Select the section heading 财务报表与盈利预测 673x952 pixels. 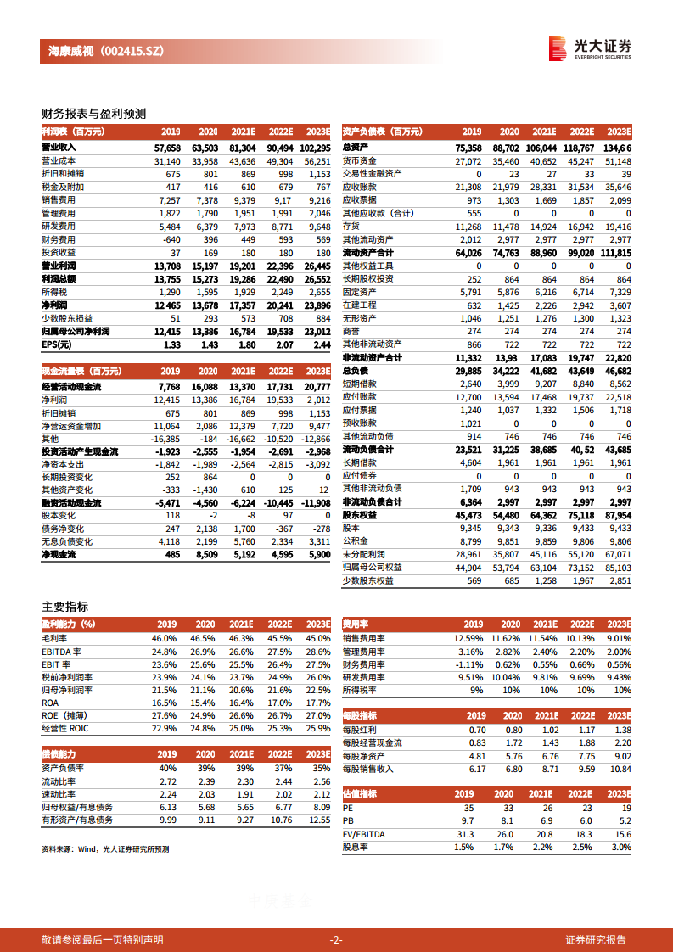coord(94,113)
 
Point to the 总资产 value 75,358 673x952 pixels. coord(468,147)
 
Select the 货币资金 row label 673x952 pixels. coord(359,160)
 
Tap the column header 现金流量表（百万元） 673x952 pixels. coord(81,371)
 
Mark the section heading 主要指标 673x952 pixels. coord(64,606)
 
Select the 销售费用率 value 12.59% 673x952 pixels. coord(468,638)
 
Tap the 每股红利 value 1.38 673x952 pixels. coord(622,730)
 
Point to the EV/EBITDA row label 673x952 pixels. coord(363,834)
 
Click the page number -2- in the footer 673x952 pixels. coord(336,939)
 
